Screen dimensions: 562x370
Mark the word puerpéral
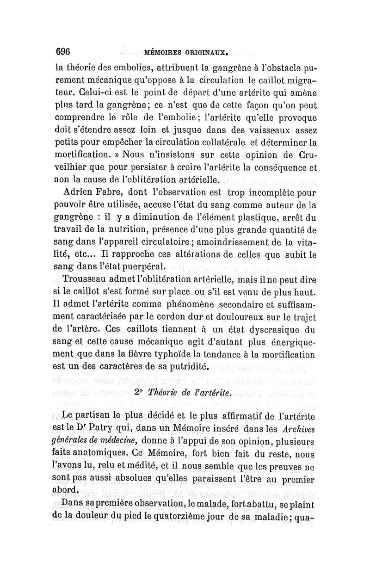145,267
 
